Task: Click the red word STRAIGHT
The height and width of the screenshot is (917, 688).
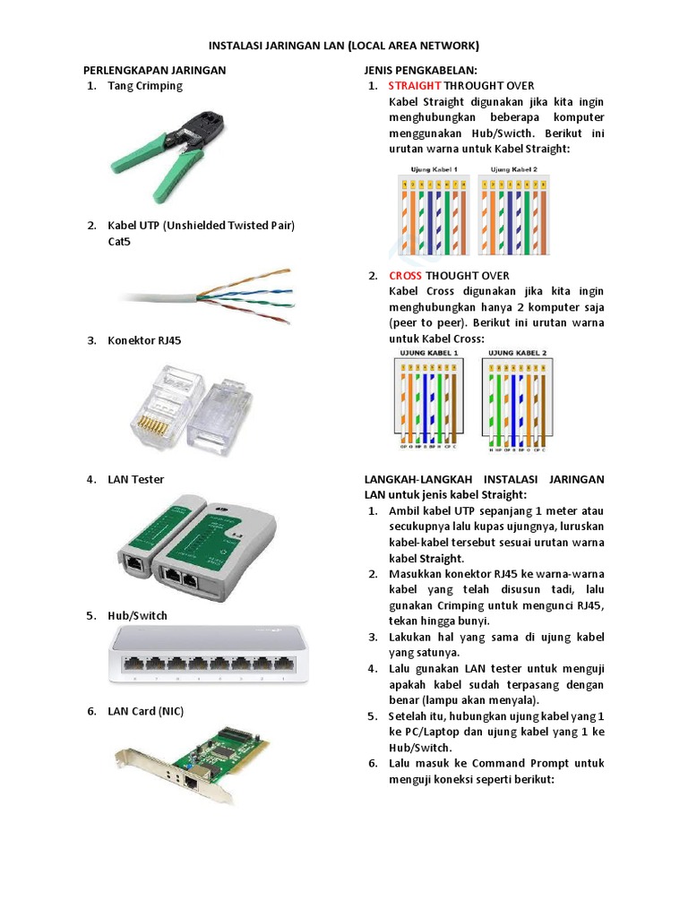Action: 415,86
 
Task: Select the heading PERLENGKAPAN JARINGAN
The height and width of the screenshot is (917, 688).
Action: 154,69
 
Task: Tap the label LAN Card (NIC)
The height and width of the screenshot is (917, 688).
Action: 146,711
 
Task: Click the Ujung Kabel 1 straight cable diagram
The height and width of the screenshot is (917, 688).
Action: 434,211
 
